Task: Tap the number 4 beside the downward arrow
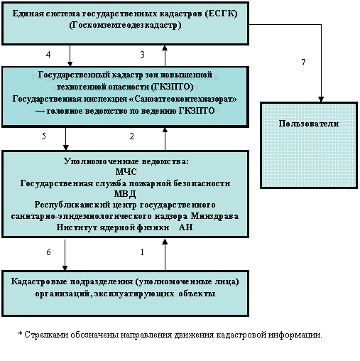coord(48,55)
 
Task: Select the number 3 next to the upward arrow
coord(142,55)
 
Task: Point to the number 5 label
coord(44,136)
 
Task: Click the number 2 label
coord(132,136)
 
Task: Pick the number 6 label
coord(48,252)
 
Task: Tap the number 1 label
coord(142,252)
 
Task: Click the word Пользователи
coord(309,124)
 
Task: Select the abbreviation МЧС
coord(126,172)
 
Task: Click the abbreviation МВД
coord(125,194)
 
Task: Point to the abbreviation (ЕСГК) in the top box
coord(221,14)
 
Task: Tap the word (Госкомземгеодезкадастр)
coord(125,25)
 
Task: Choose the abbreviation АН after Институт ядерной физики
coord(186,227)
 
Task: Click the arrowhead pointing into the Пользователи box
coord(321,99)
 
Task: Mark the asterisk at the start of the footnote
coord(20,334)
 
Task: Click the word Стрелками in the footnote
coord(46,335)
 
